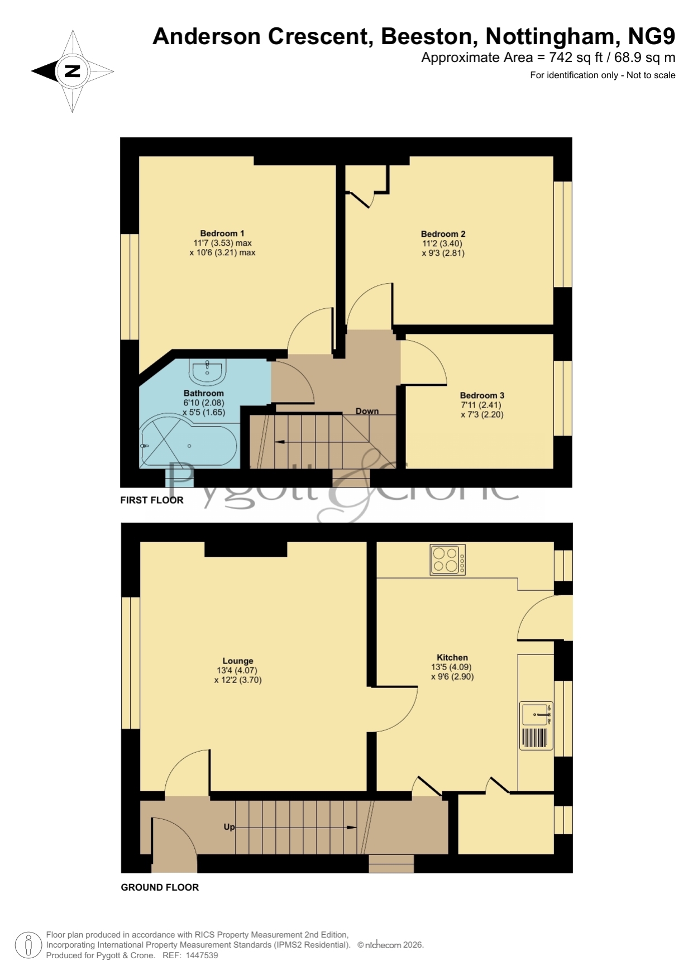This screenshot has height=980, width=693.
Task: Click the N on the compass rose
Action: pyautogui.click(x=73, y=71)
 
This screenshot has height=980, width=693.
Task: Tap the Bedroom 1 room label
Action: pyautogui.click(x=222, y=233)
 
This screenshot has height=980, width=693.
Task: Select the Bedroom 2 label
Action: pyautogui.click(x=443, y=234)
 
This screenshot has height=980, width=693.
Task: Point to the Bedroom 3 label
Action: pyautogui.click(x=482, y=395)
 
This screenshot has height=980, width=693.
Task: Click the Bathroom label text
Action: pyautogui.click(x=203, y=393)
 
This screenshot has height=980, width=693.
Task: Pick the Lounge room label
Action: pyautogui.click(x=238, y=661)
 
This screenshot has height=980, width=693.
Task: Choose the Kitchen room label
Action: pyautogui.click(x=452, y=657)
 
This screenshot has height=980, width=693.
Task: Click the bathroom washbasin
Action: pyautogui.click(x=207, y=371)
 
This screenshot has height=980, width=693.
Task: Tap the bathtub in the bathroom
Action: pyautogui.click(x=189, y=441)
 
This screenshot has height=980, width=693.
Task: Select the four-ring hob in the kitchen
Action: pyautogui.click(x=447, y=560)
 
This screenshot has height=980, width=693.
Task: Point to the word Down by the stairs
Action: pyautogui.click(x=367, y=411)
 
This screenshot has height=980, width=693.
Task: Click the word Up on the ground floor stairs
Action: pyautogui.click(x=229, y=827)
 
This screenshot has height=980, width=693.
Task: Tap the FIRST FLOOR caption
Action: pyautogui.click(x=152, y=500)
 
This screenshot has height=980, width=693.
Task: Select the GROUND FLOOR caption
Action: pyautogui.click(x=160, y=887)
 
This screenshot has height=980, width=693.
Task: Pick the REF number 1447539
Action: pyautogui.click(x=202, y=955)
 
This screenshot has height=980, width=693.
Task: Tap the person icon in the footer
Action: pyautogui.click(x=28, y=945)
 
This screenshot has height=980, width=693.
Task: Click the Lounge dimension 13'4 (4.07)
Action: pyautogui.click(x=237, y=670)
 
